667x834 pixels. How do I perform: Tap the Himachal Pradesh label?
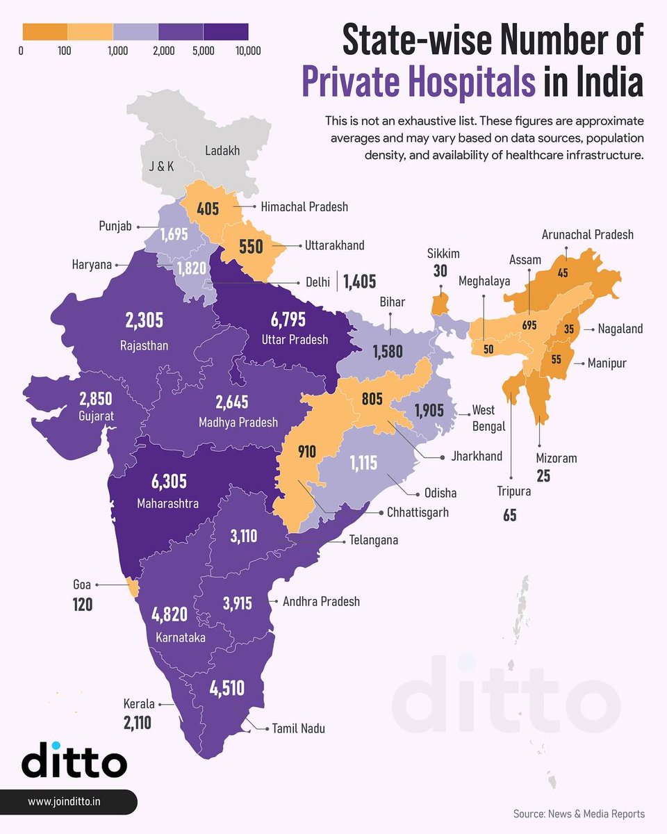(304, 206)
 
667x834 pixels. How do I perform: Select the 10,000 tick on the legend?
(247, 51)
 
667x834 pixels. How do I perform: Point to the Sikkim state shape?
(438, 304)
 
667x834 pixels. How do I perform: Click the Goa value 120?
(83, 605)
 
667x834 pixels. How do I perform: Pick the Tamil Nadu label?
(298, 728)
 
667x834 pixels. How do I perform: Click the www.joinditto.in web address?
(65, 801)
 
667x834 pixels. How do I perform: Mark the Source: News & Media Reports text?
(579, 813)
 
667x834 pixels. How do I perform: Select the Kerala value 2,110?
(137, 723)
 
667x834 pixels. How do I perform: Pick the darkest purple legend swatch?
(226, 32)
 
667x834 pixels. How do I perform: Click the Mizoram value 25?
(543, 476)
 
